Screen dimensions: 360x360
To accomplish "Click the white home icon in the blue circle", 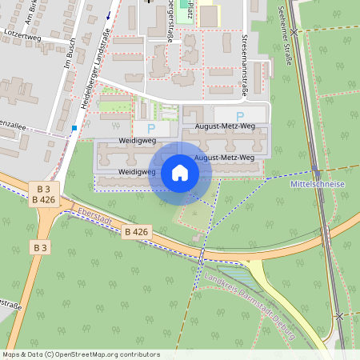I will (180, 172).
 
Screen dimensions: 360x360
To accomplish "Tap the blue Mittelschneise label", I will (318, 184).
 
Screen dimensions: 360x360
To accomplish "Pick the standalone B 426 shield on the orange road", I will (137, 231).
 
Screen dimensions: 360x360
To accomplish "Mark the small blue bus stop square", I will (74, 128).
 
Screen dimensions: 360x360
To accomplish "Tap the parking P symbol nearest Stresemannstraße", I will (239, 116).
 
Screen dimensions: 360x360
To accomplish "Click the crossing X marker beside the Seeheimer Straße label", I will (294, 32).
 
